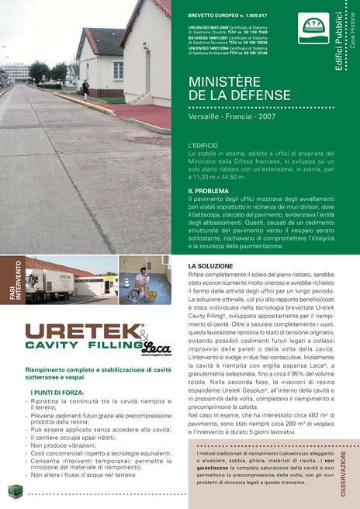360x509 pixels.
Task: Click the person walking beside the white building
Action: pyautogui.click(x=85, y=89)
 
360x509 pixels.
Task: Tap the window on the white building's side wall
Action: pyautogui.click(x=119, y=71)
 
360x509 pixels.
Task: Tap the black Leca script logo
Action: pyautogui.click(x=156, y=348)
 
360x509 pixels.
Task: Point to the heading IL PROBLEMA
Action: pyautogui.click(x=208, y=190)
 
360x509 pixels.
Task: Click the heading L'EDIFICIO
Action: pyautogui.click(x=203, y=145)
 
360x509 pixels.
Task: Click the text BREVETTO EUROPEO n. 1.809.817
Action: pyautogui.click(x=226, y=16)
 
